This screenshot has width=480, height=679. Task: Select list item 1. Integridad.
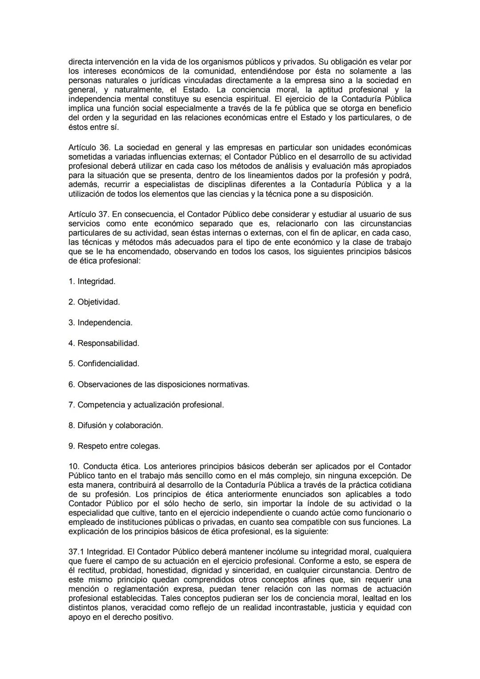[x=92, y=281]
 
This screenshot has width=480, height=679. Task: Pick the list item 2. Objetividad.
[x=94, y=302]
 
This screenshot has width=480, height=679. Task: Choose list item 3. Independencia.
[x=100, y=323]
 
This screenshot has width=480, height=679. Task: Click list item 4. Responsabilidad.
[x=104, y=343]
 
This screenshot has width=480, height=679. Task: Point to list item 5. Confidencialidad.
[x=104, y=364]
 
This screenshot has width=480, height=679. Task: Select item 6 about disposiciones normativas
[x=159, y=384]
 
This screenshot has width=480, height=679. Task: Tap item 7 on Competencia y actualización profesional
[x=146, y=405]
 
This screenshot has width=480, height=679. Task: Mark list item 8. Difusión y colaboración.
[x=116, y=425]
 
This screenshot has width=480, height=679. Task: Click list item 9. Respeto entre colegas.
[x=114, y=446]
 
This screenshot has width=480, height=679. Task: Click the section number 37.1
[x=76, y=552]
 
